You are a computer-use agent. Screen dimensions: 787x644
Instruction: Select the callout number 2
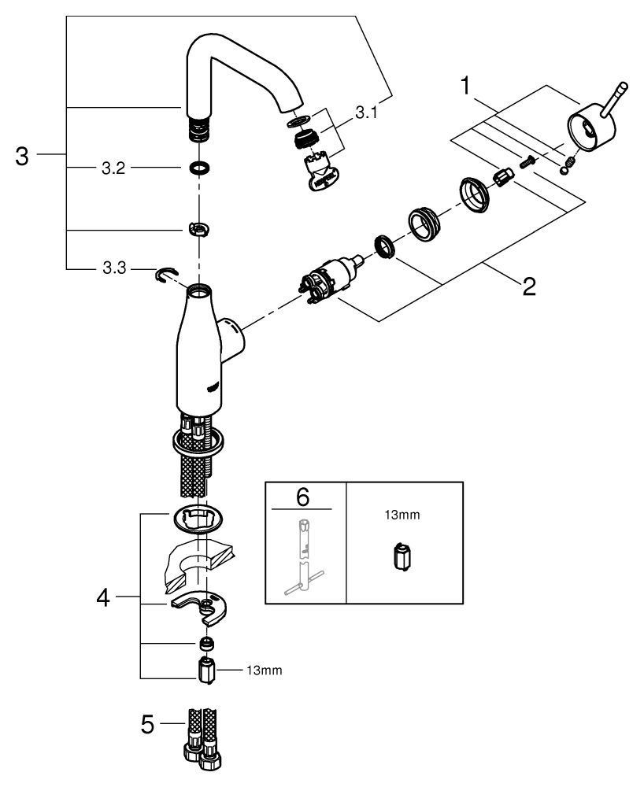[527, 284]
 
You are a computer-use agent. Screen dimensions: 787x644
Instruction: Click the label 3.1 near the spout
[366, 113]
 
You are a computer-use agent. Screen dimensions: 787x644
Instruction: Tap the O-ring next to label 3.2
[199, 168]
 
